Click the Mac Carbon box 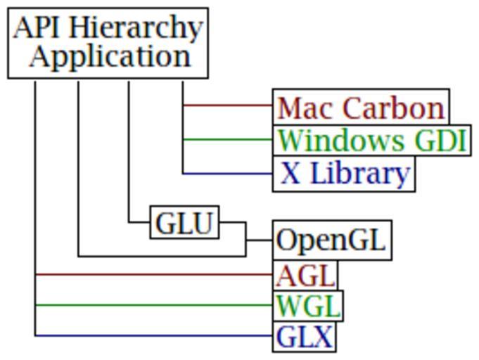pos(361,107)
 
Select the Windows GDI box pos(371,140)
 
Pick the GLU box pos(184,223)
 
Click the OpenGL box pos(332,240)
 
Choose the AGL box pos(305,275)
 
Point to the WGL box pos(308,306)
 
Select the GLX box pos(305,337)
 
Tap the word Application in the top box pos(110,56)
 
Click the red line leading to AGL pos(155,274)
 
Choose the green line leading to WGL pos(155,305)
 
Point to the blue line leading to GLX pos(155,335)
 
